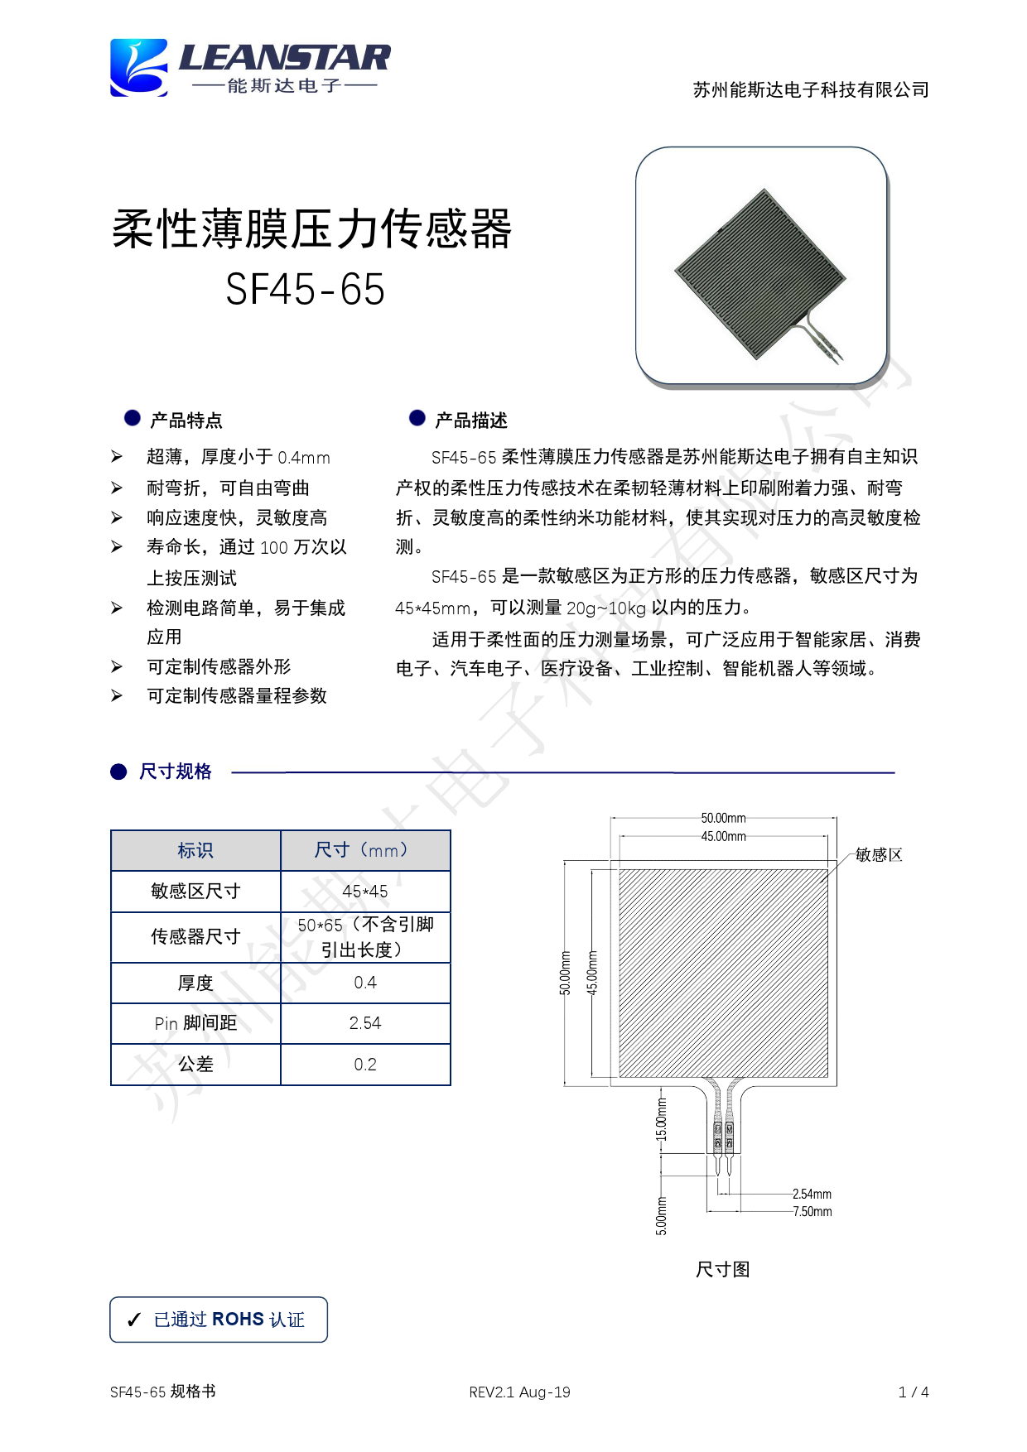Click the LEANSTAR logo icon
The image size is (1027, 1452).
139,68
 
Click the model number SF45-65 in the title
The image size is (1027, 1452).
305,290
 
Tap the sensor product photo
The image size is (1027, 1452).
761,266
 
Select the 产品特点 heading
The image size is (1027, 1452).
186,421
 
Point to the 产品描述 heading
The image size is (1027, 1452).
470,421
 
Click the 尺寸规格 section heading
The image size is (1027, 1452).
175,772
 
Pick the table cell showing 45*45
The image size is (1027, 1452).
365,892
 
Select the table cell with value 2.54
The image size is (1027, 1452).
365,1023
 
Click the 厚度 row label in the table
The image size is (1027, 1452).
195,983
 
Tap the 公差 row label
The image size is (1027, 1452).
195,1065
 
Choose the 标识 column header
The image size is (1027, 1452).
195,850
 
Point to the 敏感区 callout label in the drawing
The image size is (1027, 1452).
879,854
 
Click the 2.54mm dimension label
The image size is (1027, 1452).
812,1194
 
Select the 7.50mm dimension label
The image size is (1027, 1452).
812,1212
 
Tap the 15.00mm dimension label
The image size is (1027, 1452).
661,1119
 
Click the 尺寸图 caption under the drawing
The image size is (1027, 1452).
722,1269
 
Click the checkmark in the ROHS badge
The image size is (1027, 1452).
134,1320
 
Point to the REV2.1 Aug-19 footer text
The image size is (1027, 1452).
519,1392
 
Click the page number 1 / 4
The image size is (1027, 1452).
914,1392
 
